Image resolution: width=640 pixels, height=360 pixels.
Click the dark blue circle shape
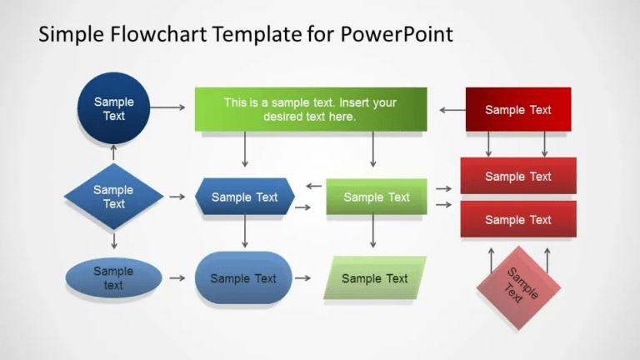(x=113, y=108)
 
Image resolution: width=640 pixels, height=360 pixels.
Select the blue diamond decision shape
(x=113, y=197)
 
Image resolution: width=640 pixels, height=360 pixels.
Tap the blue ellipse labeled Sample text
(x=113, y=277)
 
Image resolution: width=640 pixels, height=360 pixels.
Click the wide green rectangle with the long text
(x=310, y=109)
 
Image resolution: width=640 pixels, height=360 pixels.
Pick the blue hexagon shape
(x=244, y=197)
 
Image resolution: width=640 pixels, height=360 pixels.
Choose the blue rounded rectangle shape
(x=243, y=277)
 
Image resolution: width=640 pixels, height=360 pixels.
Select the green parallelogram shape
(x=375, y=277)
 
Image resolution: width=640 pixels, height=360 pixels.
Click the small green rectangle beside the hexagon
(x=377, y=197)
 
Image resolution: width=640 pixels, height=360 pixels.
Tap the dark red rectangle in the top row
(x=517, y=109)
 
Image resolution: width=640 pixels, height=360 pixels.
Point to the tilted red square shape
(x=518, y=286)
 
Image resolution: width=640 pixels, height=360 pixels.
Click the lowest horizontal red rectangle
(x=517, y=219)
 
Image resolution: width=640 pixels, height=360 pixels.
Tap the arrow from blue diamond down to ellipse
(x=114, y=241)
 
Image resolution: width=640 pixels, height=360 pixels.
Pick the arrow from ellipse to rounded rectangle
(x=177, y=277)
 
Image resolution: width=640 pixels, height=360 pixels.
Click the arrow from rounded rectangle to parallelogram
(x=303, y=277)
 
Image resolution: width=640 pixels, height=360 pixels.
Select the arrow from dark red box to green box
(x=452, y=109)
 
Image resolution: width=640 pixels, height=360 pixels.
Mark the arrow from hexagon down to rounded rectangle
(x=245, y=232)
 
